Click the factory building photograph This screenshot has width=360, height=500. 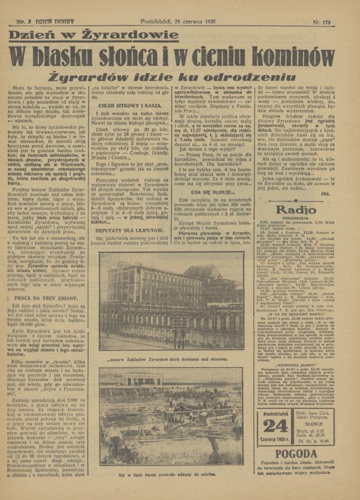pos(171,301)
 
